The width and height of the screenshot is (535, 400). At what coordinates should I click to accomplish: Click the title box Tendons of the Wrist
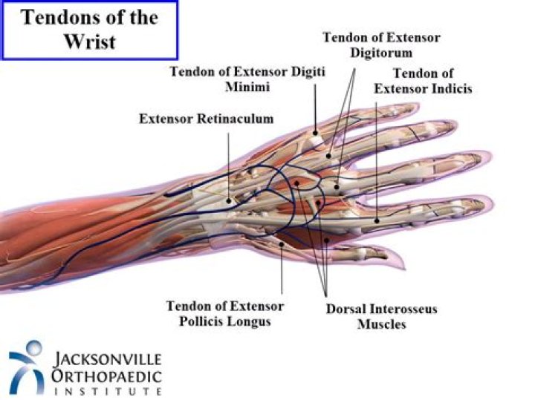(x=90, y=30)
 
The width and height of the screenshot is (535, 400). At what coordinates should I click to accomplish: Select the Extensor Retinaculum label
(x=207, y=119)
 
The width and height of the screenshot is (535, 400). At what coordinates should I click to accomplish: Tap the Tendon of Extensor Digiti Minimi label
(x=247, y=79)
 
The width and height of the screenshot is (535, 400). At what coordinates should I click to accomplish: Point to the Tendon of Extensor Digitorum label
(x=381, y=45)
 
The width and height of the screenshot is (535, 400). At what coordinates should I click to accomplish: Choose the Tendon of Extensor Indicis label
(x=423, y=81)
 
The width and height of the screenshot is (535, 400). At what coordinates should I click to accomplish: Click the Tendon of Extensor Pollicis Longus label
(x=225, y=313)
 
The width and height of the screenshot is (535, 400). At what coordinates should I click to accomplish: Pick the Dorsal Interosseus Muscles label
(x=382, y=316)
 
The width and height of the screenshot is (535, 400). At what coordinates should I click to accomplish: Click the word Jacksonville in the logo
(x=108, y=359)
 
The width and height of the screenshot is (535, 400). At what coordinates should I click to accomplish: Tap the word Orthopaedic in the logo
(x=106, y=376)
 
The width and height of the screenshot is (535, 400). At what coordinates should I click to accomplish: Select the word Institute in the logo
(x=108, y=391)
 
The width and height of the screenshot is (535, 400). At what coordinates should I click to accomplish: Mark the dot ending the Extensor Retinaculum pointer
(x=229, y=201)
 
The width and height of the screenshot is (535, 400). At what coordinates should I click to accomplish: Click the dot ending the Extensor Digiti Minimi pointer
(x=315, y=133)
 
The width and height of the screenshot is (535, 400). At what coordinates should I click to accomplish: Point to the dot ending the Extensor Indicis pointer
(x=377, y=221)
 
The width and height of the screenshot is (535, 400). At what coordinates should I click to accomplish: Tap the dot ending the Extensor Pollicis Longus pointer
(x=282, y=244)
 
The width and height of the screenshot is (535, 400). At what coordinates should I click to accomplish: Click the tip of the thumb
(x=404, y=266)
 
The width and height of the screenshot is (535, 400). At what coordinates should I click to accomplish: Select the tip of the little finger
(x=418, y=105)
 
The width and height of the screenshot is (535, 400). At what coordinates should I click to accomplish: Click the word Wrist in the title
(x=90, y=42)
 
